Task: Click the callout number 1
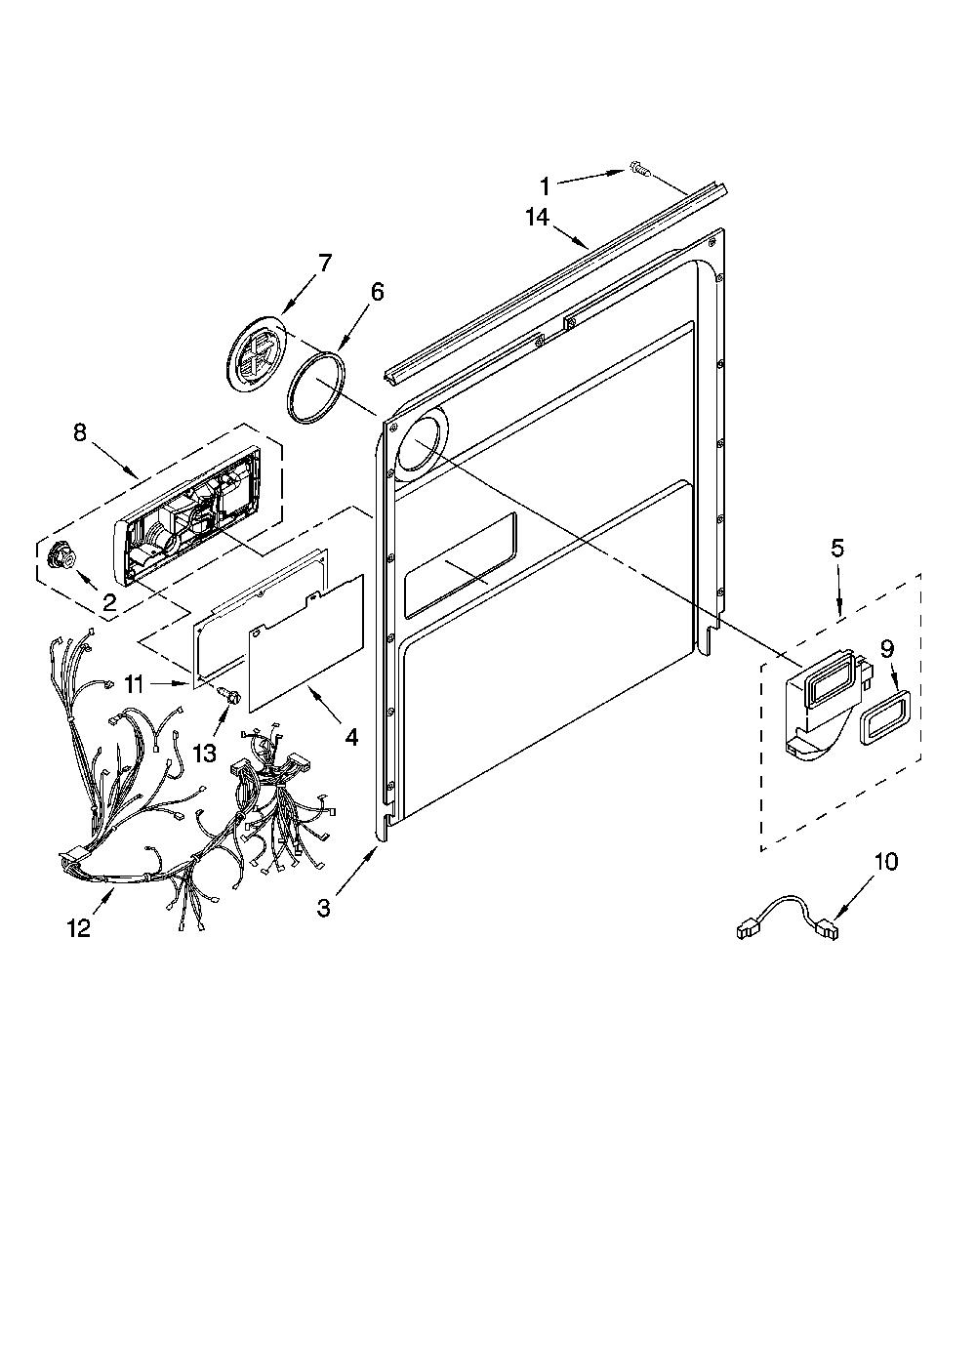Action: click(x=545, y=187)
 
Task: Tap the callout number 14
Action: click(x=538, y=217)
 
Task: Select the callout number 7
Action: click(x=324, y=263)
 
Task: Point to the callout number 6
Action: click(x=377, y=292)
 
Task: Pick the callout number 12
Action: click(x=79, y=928)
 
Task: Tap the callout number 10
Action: click(x=886, y=861)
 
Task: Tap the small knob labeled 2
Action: click(x=61, y=553)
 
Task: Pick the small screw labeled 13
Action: click(x=229, y=694)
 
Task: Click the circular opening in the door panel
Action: click(x=421, y=445)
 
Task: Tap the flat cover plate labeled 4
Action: click(x=306, y=643)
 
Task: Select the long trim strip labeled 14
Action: click(x=555, y=284)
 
